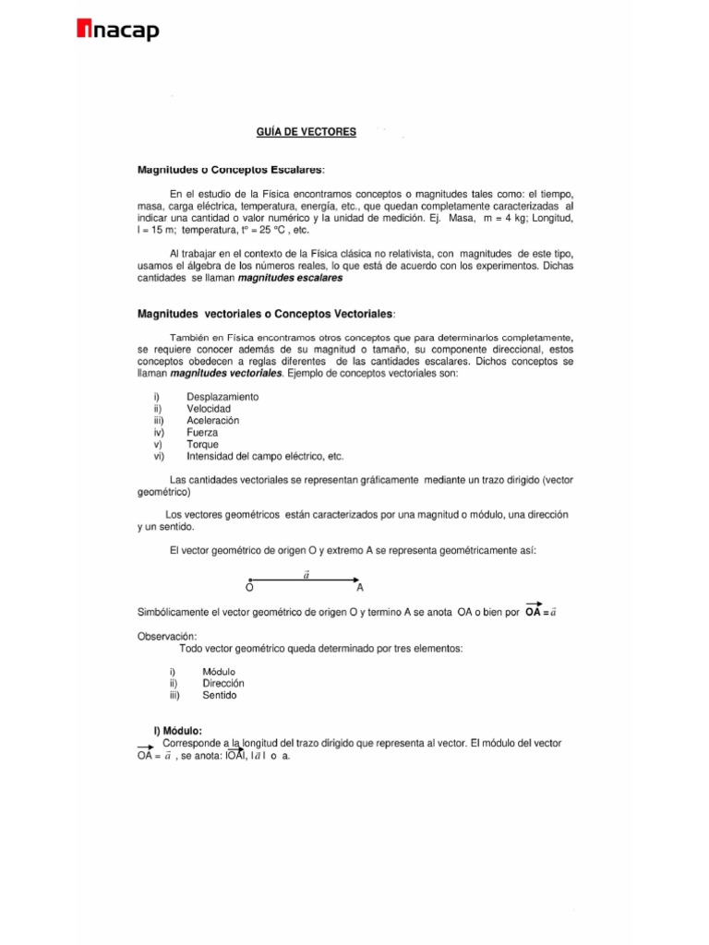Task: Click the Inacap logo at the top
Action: pyautogui.click(x=117, y=31)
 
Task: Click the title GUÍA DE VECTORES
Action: pyautogui.click(x=306, y=133)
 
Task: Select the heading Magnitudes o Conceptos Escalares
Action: pyautogui.click(x=231, y=170)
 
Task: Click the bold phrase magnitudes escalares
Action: pyautogui.click(x=290, y=277)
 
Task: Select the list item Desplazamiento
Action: pyautogui.click(x=222, y=396)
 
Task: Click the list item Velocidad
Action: pyautogui.click(x=209, y=408)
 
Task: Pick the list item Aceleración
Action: pyautogui.click(x=212, y=420)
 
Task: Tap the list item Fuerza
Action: pyautogui.click(x=203, y=432)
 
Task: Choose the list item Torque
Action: pyautogui.click(x=203, y=444)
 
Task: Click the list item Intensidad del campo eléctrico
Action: pyautogui.click(x=264, y=456)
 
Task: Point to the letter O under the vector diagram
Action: pyautogui.click(x=250, y=587)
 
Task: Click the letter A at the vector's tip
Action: pyautogui.click(x=360, y=587)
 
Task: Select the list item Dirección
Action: pyautogui.click(x=217, y=683)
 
